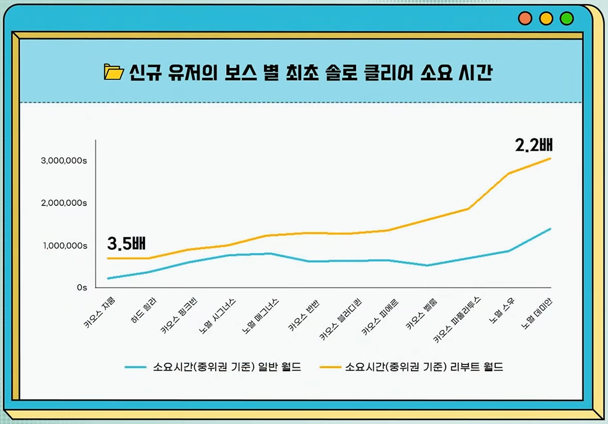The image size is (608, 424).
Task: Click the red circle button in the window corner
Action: coord(525,19)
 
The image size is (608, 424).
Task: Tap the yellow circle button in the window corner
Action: coord(546,19)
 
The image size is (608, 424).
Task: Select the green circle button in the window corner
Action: coord(566,19)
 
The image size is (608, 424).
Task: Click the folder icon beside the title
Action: coord(113,72)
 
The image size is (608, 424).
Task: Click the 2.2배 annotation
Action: coord(534,145)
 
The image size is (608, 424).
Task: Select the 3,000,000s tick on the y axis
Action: coord(64,161)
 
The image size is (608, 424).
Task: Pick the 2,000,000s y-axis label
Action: coord(64,203)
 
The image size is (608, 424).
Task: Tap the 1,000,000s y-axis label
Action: coord(64,246)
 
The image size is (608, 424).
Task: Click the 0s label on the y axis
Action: coord(82,287)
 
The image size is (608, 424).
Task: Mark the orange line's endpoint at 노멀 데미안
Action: coord(550,158)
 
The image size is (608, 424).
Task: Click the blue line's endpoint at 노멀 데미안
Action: coord(550,229)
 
